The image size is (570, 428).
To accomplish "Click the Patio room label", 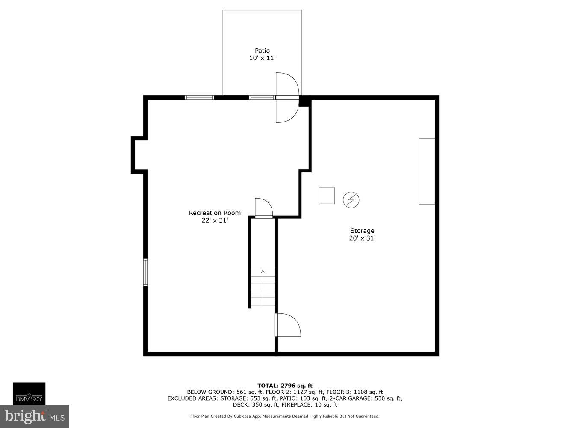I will (x=262, y=51).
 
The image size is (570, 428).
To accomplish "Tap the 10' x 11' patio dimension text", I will (x=262, y=58).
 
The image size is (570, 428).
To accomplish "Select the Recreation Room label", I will (x=215, y=213).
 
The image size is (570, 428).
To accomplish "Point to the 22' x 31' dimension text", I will (x=215, y=220).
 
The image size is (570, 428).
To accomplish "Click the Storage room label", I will (x=362, y=231).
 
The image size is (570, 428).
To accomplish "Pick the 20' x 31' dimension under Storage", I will (x=362, y=238).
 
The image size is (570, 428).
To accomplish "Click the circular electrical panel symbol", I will (x=351, y=200).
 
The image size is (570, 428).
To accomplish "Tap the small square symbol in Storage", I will (x=327, y=196).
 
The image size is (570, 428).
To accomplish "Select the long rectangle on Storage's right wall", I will (x=427, y=171).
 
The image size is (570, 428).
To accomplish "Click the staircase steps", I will (x=263, y=289).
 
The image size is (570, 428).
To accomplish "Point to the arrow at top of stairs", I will (x=263, y=272).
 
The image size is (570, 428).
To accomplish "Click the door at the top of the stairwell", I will (x=263, y=209).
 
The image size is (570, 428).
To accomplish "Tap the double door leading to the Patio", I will (x=286, y=98).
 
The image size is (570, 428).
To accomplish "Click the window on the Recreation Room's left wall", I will (x=145, y=272).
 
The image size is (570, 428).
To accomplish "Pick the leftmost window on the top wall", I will (x=199, y=98).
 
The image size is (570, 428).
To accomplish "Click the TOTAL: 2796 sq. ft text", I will (x=285, y=386).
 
